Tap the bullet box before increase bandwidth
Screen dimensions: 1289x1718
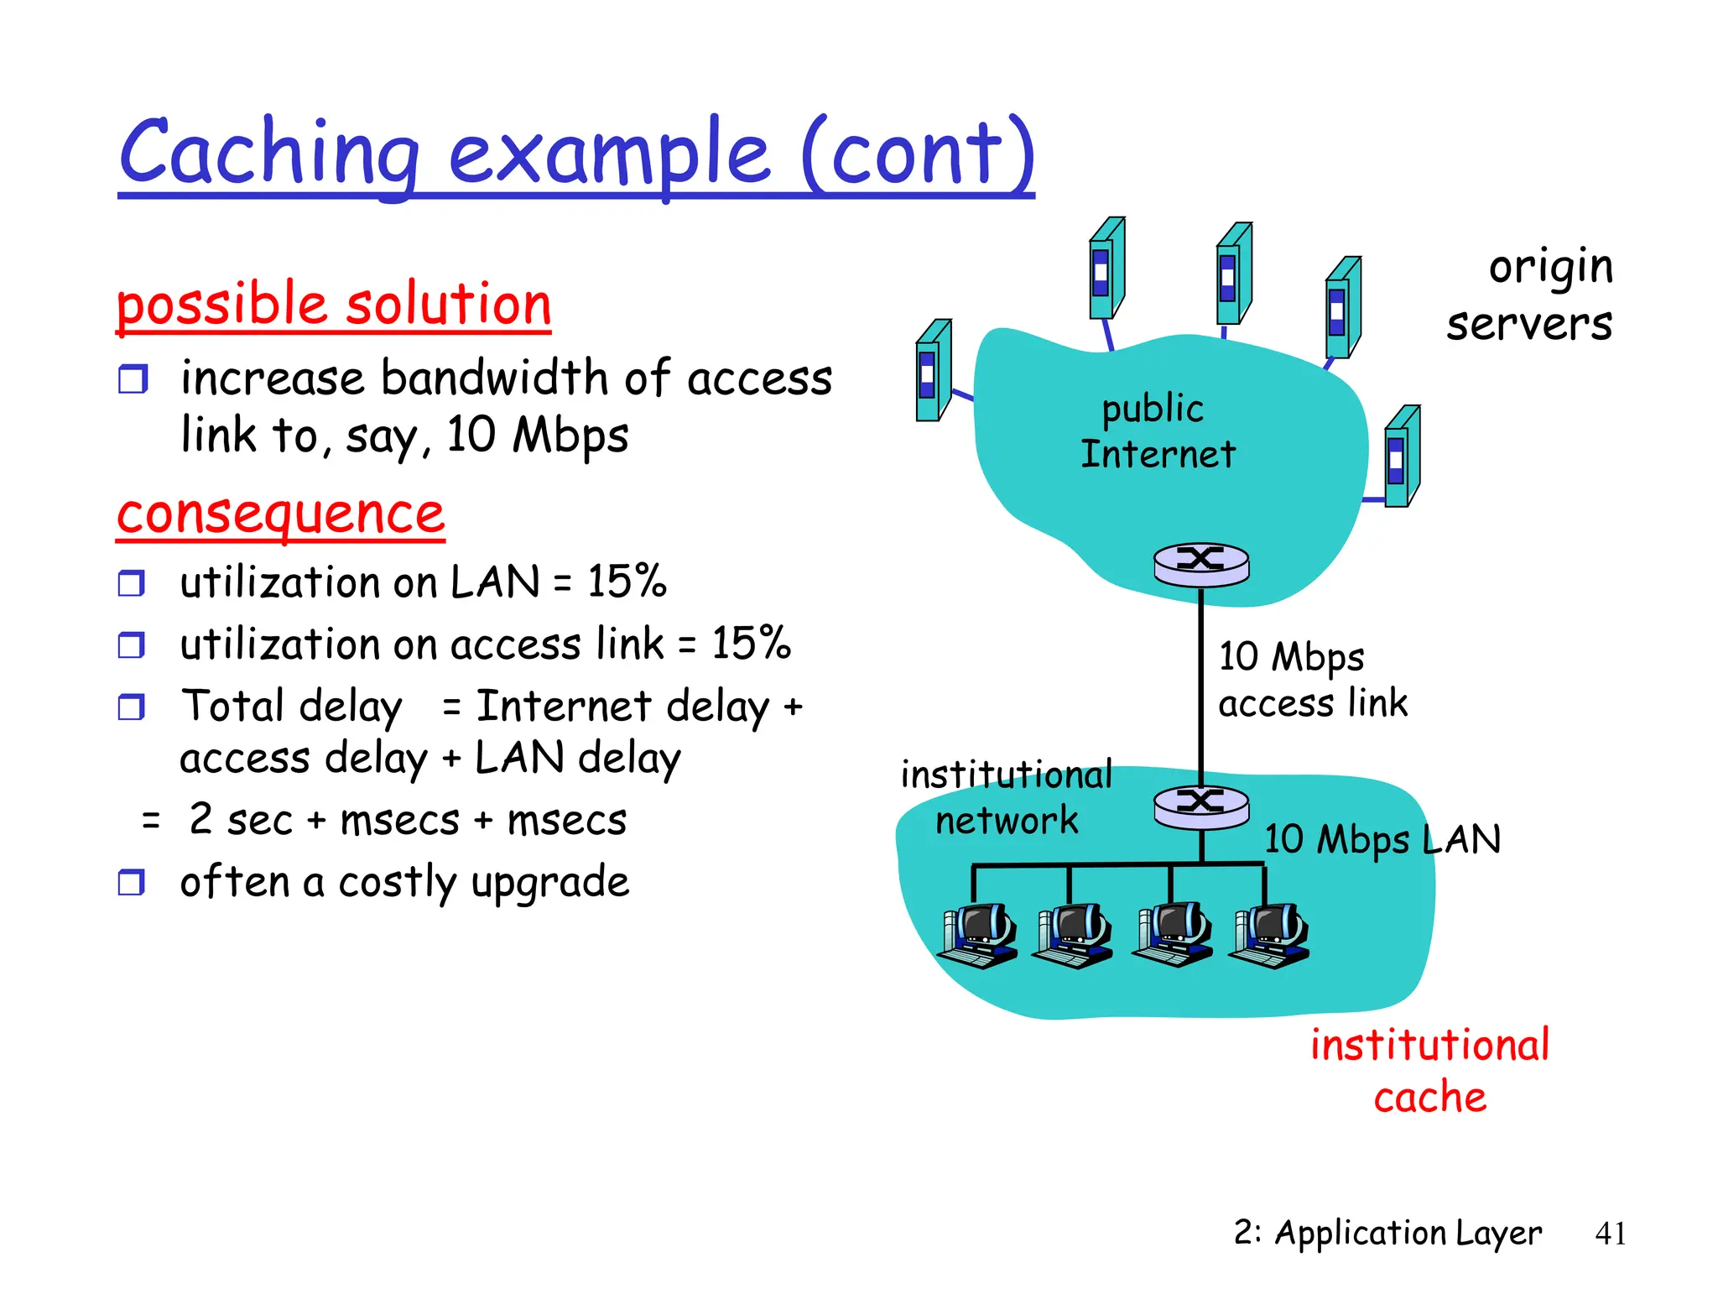[x=133, y=379]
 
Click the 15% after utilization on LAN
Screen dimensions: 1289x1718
[x=627, y=581]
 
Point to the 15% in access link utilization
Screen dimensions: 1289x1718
[x=751, y=644]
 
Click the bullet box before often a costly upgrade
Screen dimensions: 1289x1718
[x=132, y=882]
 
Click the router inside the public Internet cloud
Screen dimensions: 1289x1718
[x=1201, y=563]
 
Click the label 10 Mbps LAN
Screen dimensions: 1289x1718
[x=1382, y=839]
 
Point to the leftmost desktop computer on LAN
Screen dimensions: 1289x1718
[x=977, y=936]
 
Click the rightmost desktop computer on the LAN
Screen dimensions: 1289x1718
[x=1270, y=936]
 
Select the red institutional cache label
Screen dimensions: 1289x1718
[x=1429, y=1071]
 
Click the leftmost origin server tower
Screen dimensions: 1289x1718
[x=933, y=371]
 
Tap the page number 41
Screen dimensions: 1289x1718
[x=1610, y=1234]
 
